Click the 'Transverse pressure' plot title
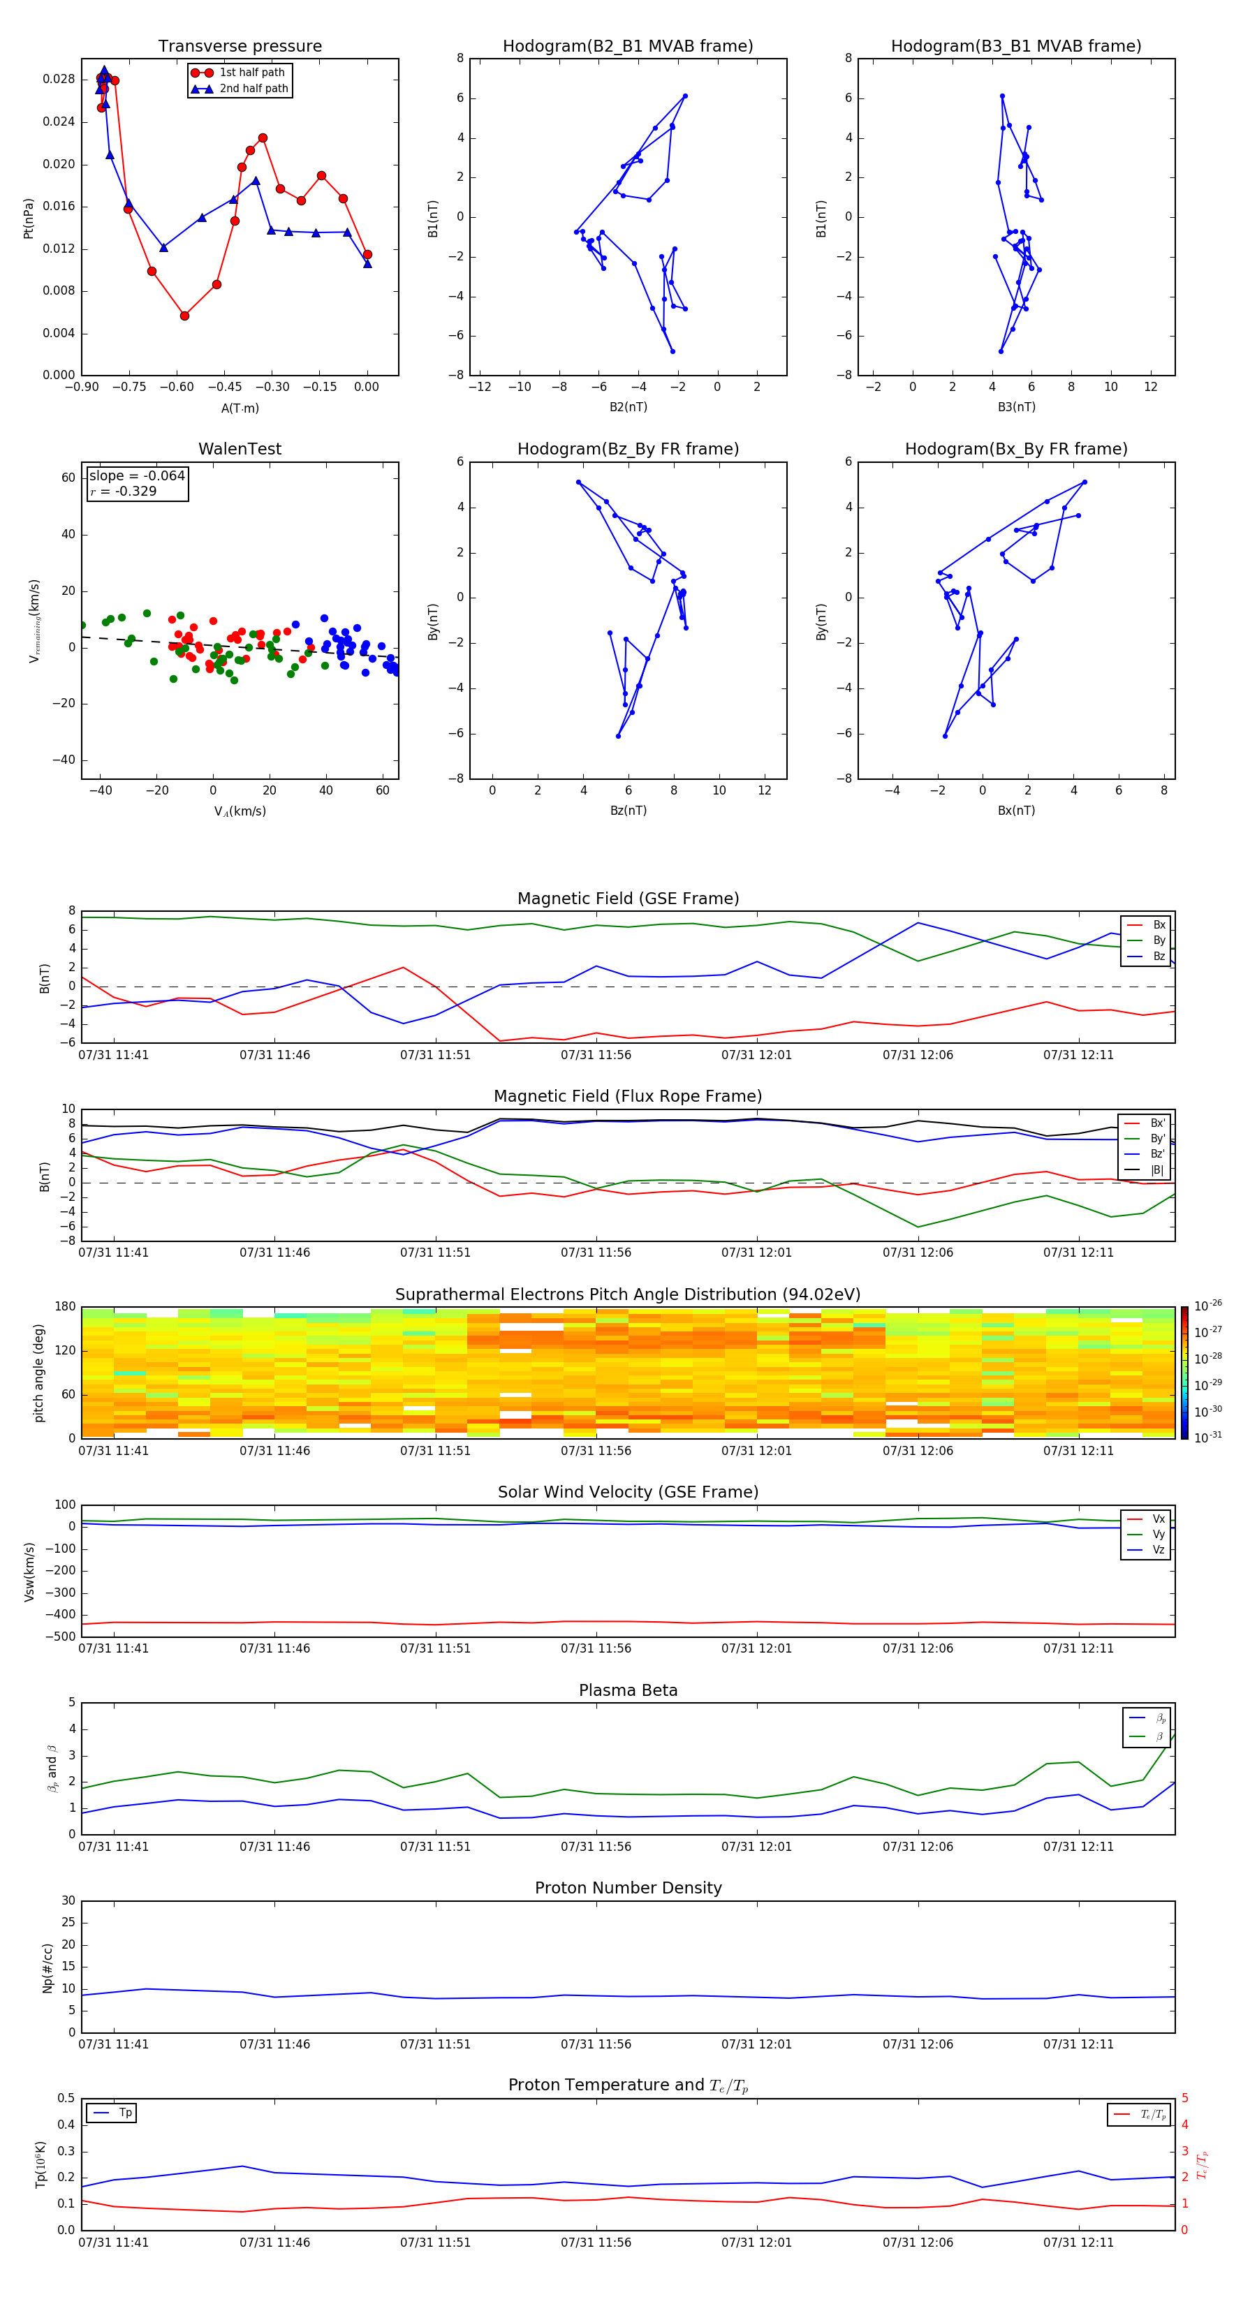tap(240, 47)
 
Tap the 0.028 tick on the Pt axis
tap(59, 80)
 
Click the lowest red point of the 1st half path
tap(184, 316)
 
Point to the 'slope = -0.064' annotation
tap(137, 476)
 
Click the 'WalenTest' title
tap(240, 449)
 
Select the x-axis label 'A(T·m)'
tap(240, 408)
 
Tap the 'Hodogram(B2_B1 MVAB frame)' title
tap(627, 47)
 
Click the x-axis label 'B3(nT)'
tap(1016, 407)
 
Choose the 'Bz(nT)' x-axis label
tap(628, 811)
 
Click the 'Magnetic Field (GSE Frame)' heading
tap(628, 899)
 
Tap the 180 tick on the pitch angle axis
tap(66, 1307)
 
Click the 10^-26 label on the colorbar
tap(1208, 1306)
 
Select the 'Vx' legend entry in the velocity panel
tap(1158, 1519)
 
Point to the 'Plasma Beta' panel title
tap(628, 1690)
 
